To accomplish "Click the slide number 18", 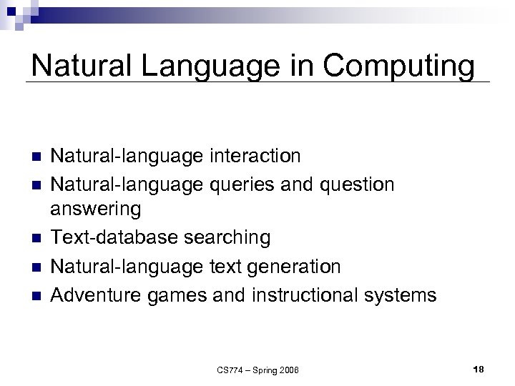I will [x=479, y=369].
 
